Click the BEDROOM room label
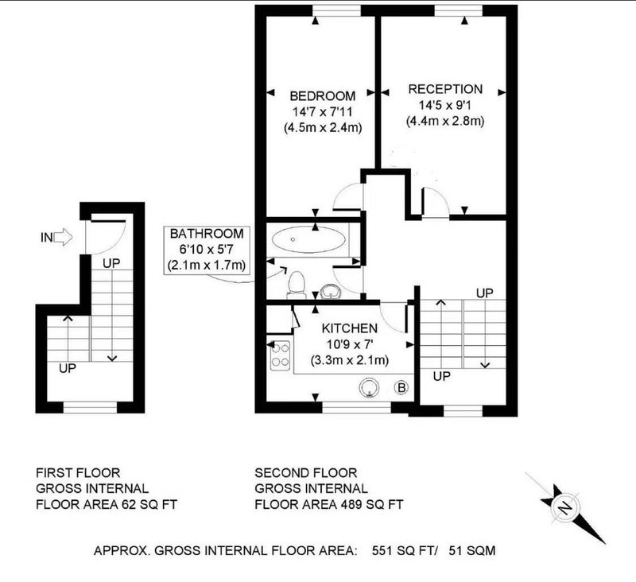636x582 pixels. [323, 96]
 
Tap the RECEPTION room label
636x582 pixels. [445, 89]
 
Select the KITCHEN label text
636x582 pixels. [350, 328]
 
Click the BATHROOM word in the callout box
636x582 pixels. [207, 234]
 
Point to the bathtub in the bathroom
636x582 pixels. [308, 239]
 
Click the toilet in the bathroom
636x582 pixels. [296, 285]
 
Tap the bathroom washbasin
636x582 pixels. [330, 292]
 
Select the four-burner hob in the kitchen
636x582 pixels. [281, 355]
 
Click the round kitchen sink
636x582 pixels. [369, 388]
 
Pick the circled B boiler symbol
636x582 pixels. [401, 388]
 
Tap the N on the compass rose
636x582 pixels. [565, 507]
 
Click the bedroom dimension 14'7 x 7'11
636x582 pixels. [323, 111]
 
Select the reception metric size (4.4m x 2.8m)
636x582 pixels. [445, 121]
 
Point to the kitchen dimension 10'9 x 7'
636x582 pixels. [350, 344]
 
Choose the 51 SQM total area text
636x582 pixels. [472, 550]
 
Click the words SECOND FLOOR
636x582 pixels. [306, 473]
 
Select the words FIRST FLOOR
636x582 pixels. [78, 473]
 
